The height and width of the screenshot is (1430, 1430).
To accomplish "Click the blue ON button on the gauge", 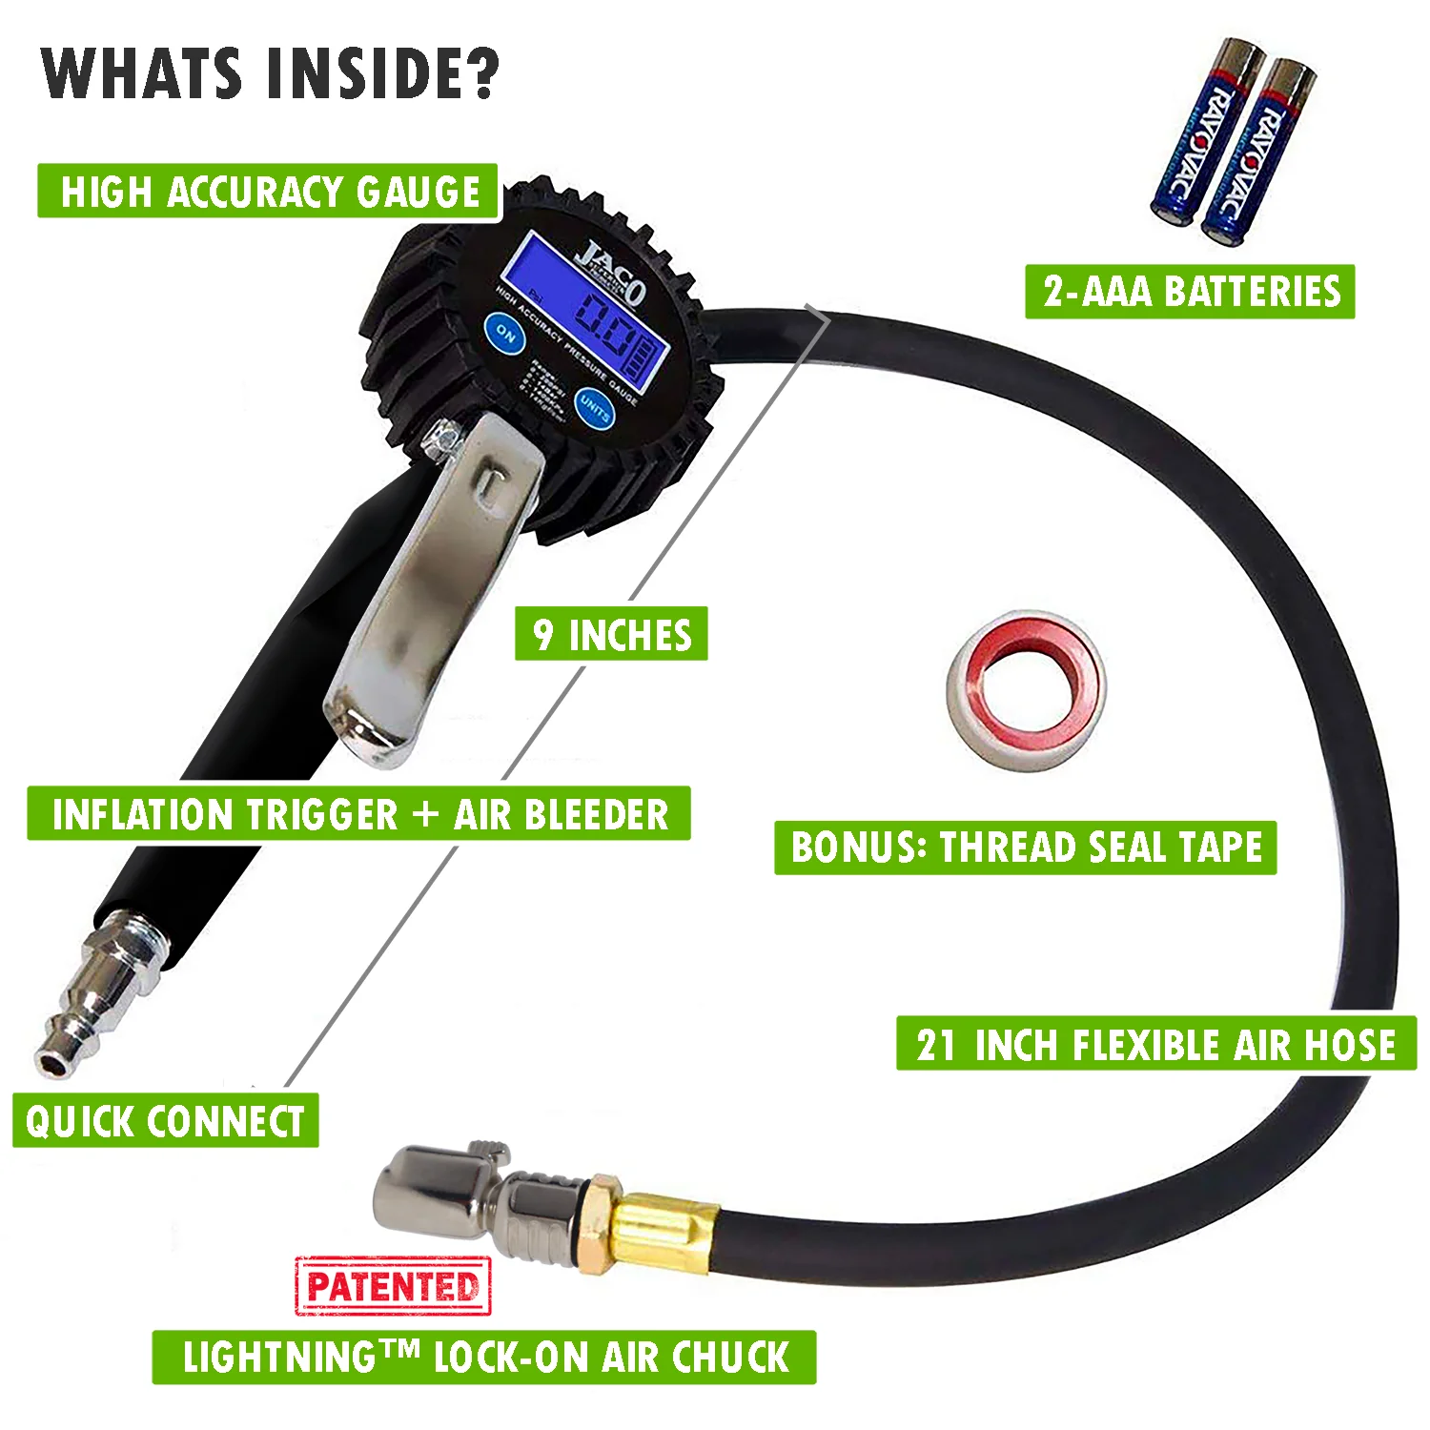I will (x=504, y=334).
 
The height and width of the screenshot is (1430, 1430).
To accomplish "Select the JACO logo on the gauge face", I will (x=610, y=269).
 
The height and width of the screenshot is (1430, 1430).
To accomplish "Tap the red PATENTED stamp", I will (x=393, y=1287).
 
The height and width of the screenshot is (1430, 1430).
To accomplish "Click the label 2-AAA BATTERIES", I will (x=1190, y=292).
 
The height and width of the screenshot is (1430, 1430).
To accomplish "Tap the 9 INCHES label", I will (x=611, y=634).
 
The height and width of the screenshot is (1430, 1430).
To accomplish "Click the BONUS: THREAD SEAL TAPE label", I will (x=1025, y=848).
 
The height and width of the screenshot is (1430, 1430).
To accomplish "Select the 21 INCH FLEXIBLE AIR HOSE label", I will (x=1155, y=1044).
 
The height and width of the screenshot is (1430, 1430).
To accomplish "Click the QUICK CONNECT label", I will (x=165, y=1121).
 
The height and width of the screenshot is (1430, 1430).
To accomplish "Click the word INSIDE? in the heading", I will (x=382, y=74).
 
